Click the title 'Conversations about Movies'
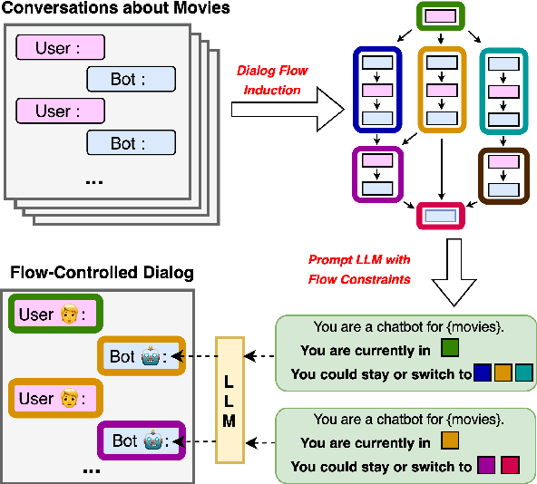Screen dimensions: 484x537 (x=115, y=9)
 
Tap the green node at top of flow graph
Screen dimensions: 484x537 (x=440, y=15)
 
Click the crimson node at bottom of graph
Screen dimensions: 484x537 (x=441, y=216)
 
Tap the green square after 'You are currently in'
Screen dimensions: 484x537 (x=449, y=346)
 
